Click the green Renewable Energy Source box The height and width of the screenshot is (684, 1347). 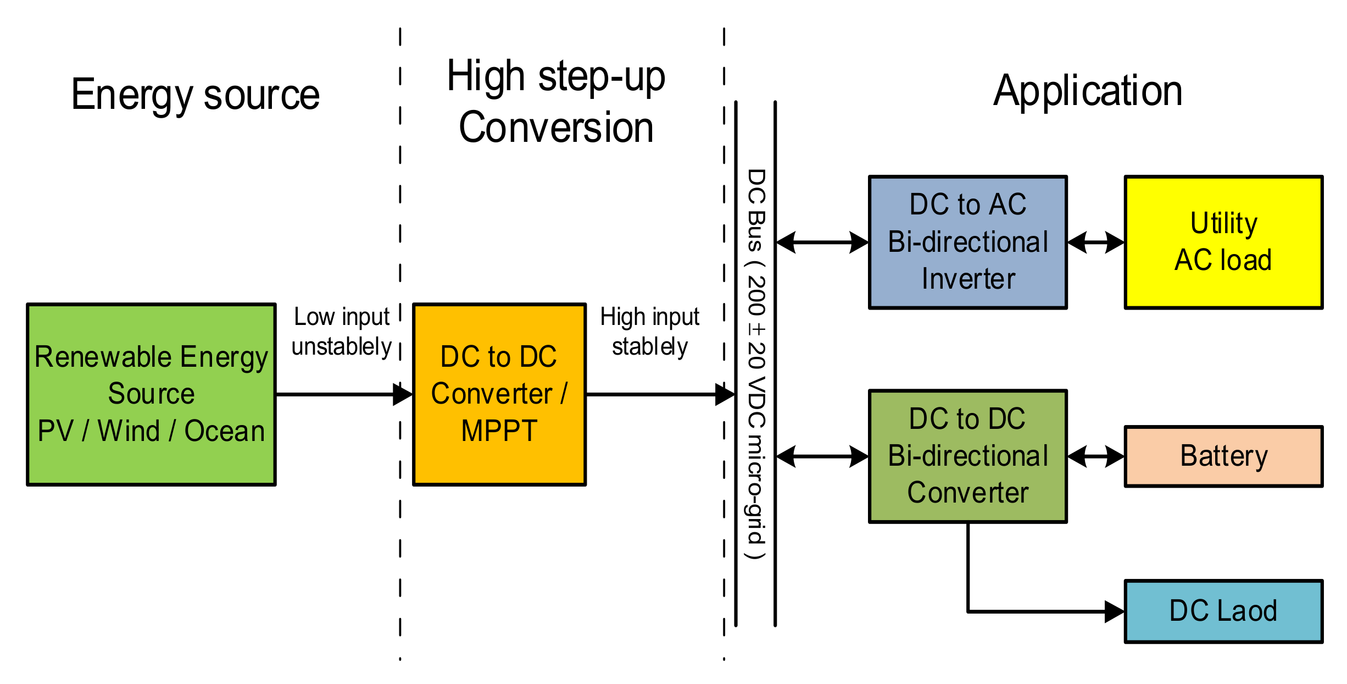pyautogui.click(x=151, y=394)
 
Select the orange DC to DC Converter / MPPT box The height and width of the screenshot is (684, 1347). pyautogui.click(x=499, y=394)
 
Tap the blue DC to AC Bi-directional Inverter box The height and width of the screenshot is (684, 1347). pyautogui.click(x=967, y=242)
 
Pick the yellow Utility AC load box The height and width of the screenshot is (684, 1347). pyautogui.click(x=1223, y=242)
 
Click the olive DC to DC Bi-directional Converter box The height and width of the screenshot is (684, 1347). pyautogui.click(x=967, y=456)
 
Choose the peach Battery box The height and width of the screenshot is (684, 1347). pyautogui.click(x=1223, y=456)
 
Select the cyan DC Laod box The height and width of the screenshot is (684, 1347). pyautogui.click(x=1223, y=611)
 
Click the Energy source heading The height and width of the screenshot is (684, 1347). pyautogui.click(x=195, y=95)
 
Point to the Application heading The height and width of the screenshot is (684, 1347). pyautogui.click(x=1088, y=91)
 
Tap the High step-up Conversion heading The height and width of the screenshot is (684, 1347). pyautogui.click(x=556, y=102)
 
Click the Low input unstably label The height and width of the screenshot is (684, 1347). pyautogui.click(x=341, y=332)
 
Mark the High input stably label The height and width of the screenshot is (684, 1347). pyautogui.click(x=649, y=332)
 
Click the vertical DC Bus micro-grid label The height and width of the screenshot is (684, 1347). pyautogui.click(x=756, y=363)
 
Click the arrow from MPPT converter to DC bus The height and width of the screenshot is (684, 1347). pyautogui.click(x=659, y=394)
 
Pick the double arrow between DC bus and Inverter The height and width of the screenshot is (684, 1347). pyautogui.click(x=822, y=242)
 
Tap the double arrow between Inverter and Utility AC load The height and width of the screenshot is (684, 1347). pyautogui.click(x=1095, y=242)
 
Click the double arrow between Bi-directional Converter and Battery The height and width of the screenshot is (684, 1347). pyautogui.click(x=1095, y=456)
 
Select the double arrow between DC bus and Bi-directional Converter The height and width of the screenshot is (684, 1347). pyautogui.click(x=822, y=456)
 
